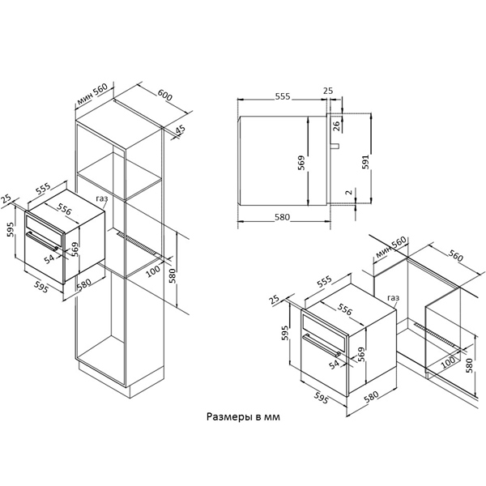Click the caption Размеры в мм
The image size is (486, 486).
243,417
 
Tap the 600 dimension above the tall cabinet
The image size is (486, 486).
164,95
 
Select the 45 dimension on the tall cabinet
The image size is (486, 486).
180,130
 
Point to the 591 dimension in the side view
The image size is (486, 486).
366,162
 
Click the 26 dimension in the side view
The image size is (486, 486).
336,126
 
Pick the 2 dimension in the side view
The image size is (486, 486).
349,192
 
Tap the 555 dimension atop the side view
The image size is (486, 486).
283,96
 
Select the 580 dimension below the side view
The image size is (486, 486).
282,217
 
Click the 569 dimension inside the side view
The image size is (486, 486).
301,163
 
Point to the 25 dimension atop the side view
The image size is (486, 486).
328,91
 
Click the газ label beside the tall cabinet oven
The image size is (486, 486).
102,198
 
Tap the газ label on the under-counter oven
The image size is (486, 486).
394,298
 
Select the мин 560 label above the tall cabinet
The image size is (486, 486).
92,94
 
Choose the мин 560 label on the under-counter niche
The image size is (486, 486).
391,247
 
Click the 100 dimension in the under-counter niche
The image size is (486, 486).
448,362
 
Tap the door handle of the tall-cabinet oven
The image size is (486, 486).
42,241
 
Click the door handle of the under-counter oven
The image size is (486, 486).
322,345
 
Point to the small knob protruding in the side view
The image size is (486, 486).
335,146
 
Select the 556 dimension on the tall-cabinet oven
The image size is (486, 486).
65,209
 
